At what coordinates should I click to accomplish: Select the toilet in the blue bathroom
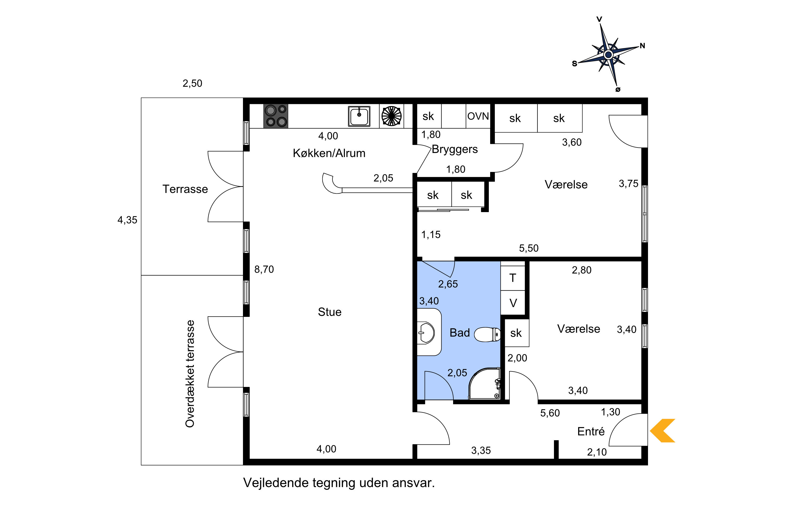pyautogui.click(x=488, y=334)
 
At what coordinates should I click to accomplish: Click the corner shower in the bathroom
pyautogui.click(x=484, y=384)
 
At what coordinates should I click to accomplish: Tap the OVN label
pyautogui.click(x=478, y=116)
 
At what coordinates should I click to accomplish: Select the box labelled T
pyautogui.click(x=513, y=278)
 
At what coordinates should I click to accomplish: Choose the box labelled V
pyautogui.click(x=513, y=303)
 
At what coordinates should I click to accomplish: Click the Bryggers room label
pyautogui.click(x=455, y=149)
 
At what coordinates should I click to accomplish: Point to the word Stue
pyautogui.click(x=330, y=312)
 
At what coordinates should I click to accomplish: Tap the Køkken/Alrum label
pyautogui.click(x=329, y=153)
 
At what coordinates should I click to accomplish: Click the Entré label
pyautogui.click(x=591, y=431)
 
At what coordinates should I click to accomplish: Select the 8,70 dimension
pyautogui.click(x=264, y=269)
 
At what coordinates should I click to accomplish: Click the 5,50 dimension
pyautogui.click(x=529, y=248)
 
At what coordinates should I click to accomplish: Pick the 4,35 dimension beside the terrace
pyautogui.click(x=127, y=220)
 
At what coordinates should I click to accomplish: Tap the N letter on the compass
pyautogui.click(x=642, y=46)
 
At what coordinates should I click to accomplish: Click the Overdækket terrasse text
pyautogui.click(x=190, y=374)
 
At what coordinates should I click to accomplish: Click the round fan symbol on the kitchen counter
pyautogui.click(x=391, y=116)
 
